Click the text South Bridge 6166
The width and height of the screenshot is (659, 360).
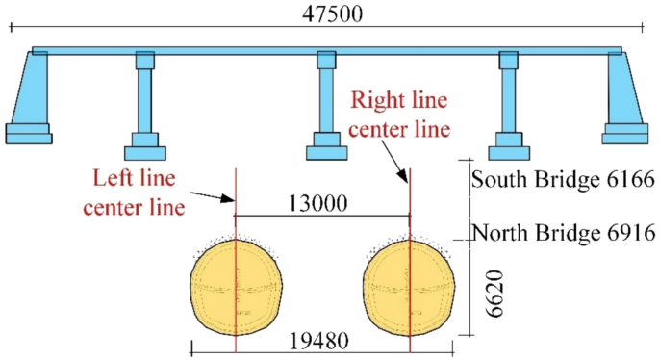(x=563, y=179)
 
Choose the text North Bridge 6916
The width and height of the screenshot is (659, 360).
(x=563, y=233)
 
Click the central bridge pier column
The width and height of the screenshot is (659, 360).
(x=326, y=101)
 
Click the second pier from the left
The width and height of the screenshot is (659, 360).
(x=144, y=101)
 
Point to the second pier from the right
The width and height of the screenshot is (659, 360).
(x=508, y=101)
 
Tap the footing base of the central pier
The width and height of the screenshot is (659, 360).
(x=326, y=151)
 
